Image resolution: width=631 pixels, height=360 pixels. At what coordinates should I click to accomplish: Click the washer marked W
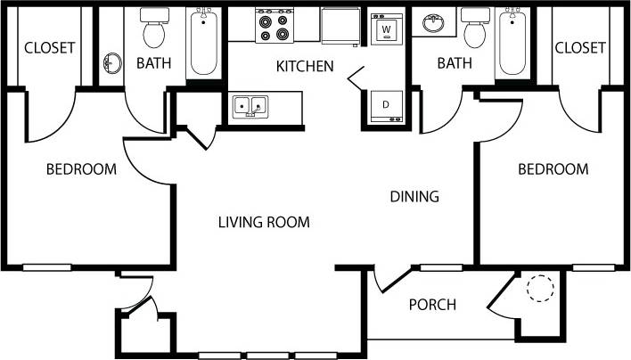point(386,29)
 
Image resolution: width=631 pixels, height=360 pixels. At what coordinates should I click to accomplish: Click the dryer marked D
point(386,104)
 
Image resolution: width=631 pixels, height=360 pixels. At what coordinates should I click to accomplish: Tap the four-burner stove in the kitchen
point(274,25)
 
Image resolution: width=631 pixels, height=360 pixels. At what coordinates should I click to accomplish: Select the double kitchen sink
point(251,108)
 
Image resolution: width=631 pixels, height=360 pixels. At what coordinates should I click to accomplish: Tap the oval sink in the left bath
point(112,63)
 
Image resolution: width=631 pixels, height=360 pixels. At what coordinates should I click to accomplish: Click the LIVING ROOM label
point(264,222)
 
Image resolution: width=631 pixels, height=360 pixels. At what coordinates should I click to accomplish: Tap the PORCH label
point(432,305)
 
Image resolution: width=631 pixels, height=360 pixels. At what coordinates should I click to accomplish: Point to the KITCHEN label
point(305,66)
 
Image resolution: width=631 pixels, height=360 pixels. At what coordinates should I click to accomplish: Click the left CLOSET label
point(49,47)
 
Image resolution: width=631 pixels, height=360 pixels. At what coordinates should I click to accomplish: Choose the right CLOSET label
point(580,47)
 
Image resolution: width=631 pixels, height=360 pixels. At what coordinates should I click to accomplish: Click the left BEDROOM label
point(81,168)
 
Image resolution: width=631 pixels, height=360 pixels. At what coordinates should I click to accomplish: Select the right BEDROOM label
point(553,168)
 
